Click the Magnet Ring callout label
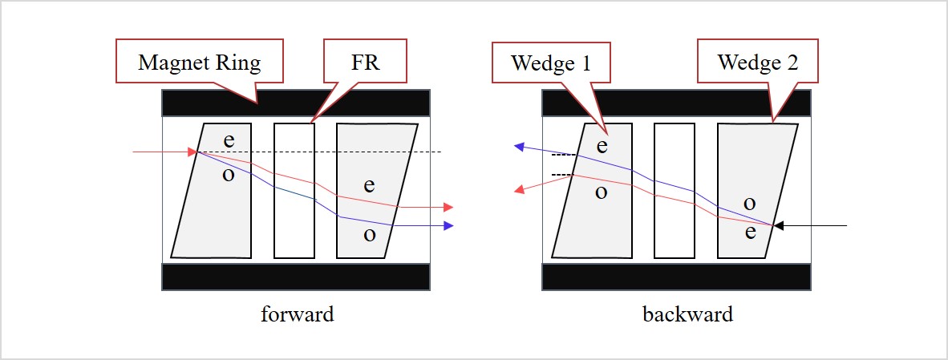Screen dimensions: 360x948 pyautogui.click(x=199, y=63)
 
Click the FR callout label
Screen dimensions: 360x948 pyautogui.click(x=366, y=63)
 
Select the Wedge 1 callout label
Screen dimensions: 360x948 pyautogui.click(x=552, y=63)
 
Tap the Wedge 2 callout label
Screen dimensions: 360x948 pyautogui.click(x=757, y=63)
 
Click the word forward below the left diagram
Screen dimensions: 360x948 pyautogui.click(x=297, y=314)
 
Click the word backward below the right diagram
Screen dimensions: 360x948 pyautogui.click(x=687, y=314)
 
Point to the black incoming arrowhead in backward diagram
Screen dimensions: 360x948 pyautogui.click(x=779, y=226)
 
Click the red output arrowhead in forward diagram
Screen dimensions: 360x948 pyautogui.click(x=448, y=207)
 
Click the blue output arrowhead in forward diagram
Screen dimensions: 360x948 pyautogui.click(x=448, y=226)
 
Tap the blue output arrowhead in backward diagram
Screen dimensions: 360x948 pyautogui.click(x=519, y=147)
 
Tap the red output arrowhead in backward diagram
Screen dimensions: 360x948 pyautogui.click(x=519, y=190)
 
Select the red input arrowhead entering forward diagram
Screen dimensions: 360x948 pyautogui.click(x=192, y=152)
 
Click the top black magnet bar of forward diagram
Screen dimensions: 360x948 pyautogui.click(x=296, y=103)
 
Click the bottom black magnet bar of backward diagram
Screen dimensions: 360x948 pyautogui.click(x=676, y=276)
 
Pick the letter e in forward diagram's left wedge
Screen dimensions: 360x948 pyautogui.click(x=229, y=140)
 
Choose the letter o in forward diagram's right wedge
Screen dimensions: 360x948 pyautogui.click(x=369, y=235)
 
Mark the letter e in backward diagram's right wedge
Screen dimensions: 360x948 pyautogui.click(x=750, y=233)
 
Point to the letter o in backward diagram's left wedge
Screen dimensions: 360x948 pyautogui.click(x=601, y=192)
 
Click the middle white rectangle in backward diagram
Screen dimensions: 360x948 pyautogui.click(x=674, y=191)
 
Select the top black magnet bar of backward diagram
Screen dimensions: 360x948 pyautogui.click(x=676, y=103)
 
